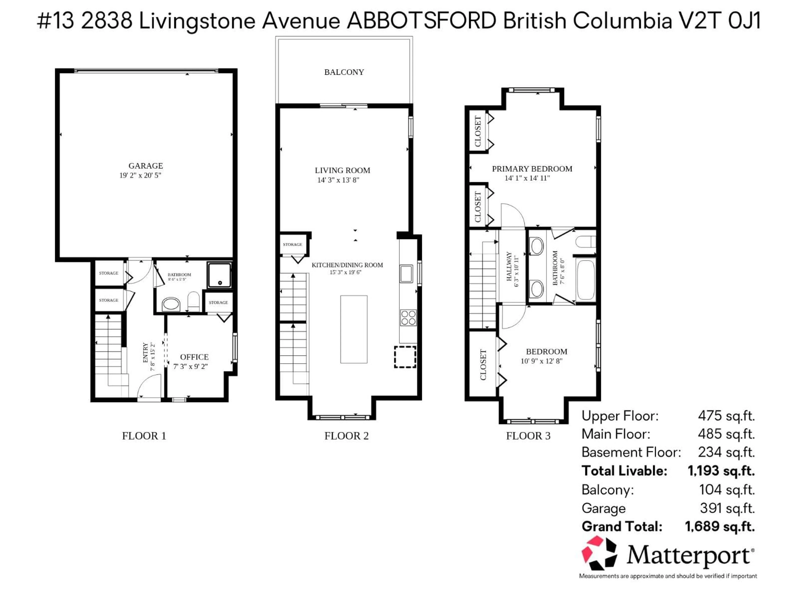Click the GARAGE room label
[145, 166]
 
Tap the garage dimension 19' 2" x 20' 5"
[140, 175]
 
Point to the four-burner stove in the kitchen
[408, 317]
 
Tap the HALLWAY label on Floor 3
[509, 266]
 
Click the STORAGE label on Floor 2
[292, 244]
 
